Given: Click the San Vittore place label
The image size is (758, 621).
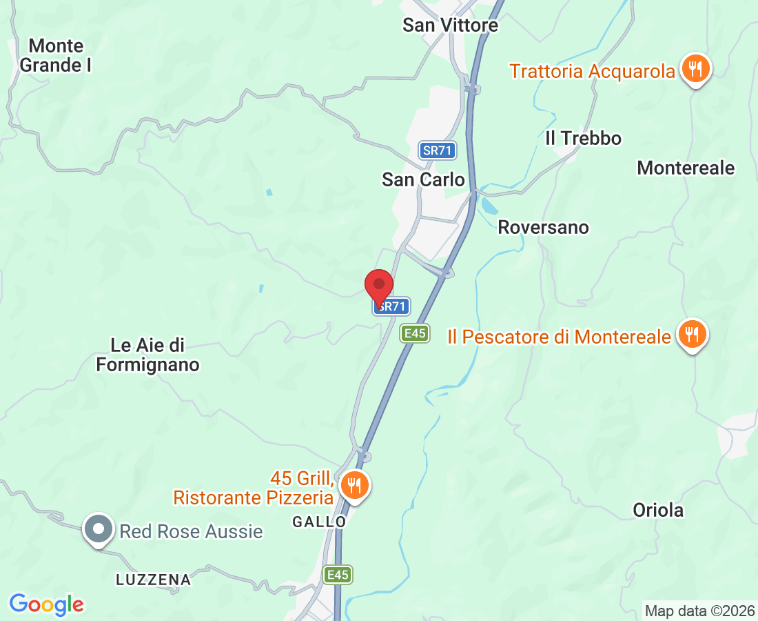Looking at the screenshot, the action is tap(450, 26).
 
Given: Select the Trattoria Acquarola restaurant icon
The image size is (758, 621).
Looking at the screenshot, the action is tap(697, 69).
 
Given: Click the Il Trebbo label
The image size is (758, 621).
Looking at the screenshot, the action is tap(583, 138).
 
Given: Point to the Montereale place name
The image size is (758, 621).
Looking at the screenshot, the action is tap(686, 168).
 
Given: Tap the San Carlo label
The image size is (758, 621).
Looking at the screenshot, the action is tap(423, 179).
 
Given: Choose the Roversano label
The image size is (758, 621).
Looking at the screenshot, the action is tap(543, 227).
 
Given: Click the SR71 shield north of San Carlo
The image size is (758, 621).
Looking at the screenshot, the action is tap(437, 150).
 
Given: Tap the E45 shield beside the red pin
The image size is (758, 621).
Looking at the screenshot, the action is tap(415, 334).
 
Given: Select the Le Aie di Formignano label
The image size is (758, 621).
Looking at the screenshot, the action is tap(147, 355).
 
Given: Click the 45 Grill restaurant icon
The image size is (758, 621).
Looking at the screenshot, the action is tap(354, 485).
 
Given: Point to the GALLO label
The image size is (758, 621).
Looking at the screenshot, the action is tap(319, 522).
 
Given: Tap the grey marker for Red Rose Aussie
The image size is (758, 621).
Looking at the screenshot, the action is tap(99, 530).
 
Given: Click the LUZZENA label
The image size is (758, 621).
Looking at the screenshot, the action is tap(153, 580).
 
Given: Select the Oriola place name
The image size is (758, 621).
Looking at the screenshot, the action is tap(658, 510).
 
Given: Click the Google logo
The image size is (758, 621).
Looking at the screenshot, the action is tap(46, 604).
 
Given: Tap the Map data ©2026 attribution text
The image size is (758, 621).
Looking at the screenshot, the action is tap(699, 611).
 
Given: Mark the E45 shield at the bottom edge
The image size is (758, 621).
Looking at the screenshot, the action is tap(338, 575).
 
